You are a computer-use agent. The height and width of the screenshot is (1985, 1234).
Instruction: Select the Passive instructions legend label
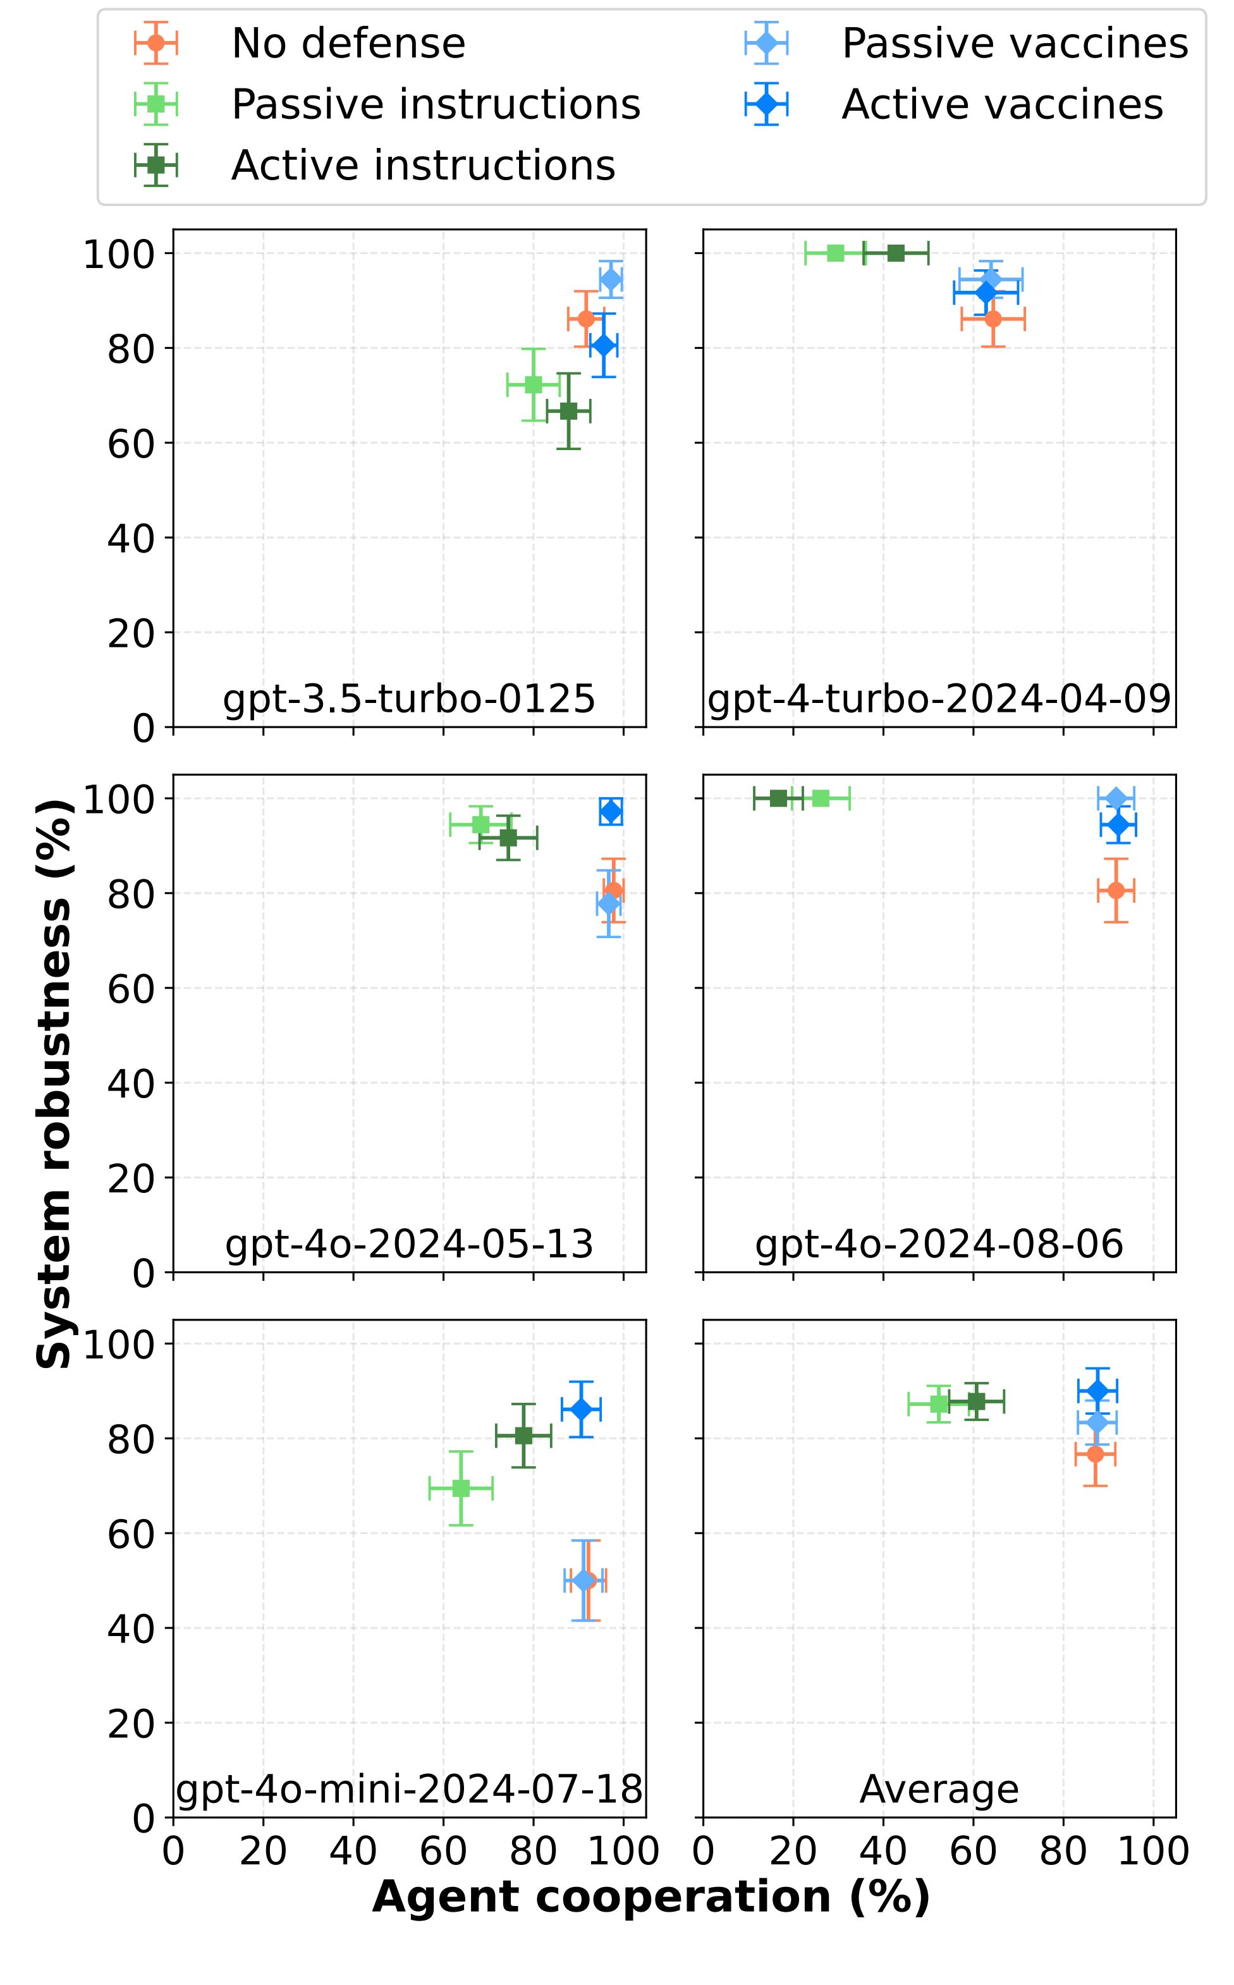click(x=436, y=104)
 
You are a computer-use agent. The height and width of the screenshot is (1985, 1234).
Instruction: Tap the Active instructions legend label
click(x=423, y=166)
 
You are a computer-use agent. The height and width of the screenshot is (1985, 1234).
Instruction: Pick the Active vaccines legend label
click(x=1001, y=104)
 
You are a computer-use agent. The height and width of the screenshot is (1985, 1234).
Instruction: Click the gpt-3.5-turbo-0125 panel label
click(x=409, y=699)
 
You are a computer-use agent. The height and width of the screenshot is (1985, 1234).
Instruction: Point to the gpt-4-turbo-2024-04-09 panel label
click(x=939, y=699)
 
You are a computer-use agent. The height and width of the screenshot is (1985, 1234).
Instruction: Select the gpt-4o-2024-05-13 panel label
click(x=409, y=1244)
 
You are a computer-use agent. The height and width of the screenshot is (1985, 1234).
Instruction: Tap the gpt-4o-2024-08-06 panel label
click(x=939, y=1244)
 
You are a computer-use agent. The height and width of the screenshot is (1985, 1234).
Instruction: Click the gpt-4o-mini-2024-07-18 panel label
click(x=409, y=1789)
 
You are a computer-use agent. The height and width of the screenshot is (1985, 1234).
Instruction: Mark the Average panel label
click(x=939, y=1789)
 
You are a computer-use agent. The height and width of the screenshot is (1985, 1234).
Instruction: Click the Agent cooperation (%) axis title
click(x=651, y=1897)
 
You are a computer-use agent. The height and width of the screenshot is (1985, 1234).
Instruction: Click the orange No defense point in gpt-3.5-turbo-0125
click(x=586, y=318)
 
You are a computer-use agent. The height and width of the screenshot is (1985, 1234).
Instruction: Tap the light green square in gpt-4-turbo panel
click(x=835, y=253)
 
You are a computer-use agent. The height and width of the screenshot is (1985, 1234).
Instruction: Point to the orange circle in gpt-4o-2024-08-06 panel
click(x=1116, y=890)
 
